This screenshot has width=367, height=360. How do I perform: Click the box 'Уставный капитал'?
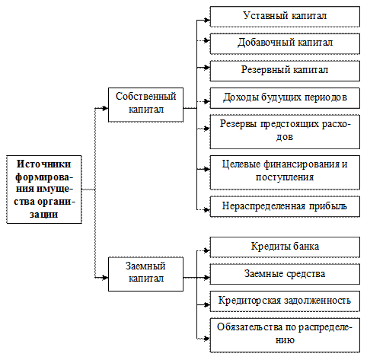[285, 17]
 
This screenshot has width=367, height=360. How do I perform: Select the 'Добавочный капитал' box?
[285, 43]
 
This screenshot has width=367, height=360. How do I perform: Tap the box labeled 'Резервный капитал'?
[285, 71]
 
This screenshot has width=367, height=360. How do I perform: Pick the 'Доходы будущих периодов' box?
[285, 98]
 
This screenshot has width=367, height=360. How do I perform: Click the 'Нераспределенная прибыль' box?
[285, 206]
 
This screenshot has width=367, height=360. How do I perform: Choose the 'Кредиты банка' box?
[285, 247]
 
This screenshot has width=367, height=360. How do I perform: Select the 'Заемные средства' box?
[285, 274]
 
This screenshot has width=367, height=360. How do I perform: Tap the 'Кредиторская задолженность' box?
[285, 301]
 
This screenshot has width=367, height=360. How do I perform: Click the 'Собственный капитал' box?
[145, 105]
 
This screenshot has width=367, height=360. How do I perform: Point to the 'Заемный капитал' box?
[145, 274]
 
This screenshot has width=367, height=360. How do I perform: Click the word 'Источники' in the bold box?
[43, 164]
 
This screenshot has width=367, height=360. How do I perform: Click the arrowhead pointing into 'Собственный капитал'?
[105, 108]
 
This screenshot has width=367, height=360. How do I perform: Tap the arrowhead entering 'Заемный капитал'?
[105, 278]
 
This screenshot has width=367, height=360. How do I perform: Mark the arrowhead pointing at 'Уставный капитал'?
[207, 20]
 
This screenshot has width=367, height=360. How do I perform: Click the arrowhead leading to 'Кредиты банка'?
[207, 250]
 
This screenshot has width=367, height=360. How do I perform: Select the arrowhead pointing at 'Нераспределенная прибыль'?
[207, 210]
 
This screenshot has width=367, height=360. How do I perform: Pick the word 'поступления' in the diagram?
[285, 177]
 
